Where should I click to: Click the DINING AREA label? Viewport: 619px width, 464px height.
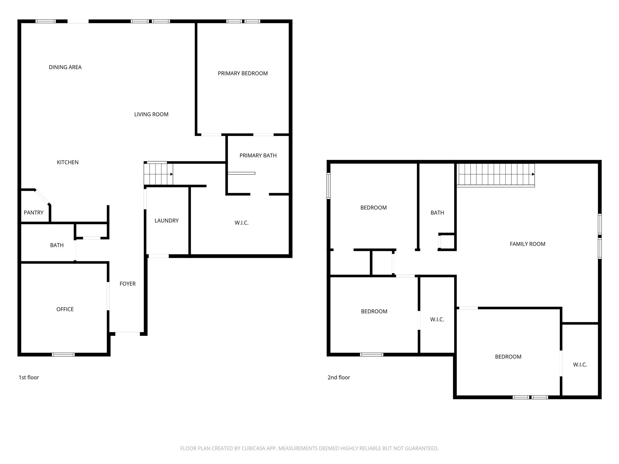[65, 67]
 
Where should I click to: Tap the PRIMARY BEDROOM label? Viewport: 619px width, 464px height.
[243, 73]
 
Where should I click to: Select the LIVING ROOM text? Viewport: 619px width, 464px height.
[151, 114]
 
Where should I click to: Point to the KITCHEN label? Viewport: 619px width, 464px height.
[68, 162]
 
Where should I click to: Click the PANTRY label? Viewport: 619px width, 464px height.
[34, 212]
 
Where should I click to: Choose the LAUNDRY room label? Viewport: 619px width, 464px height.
[167, 221]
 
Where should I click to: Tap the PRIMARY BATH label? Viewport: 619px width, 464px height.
[258, 155]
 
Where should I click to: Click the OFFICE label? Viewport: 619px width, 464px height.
[65, 309]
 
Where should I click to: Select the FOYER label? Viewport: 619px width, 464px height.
[128, 284]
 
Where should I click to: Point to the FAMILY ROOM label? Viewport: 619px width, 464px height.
[527, 244]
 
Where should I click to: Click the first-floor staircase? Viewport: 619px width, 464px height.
[158, 174]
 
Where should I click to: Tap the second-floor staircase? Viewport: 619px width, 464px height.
[496, 175]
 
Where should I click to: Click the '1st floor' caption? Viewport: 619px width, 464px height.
[29, 377]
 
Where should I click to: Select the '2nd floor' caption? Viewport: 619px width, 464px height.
[339, 377]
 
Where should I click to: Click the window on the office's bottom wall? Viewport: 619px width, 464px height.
[63, 354]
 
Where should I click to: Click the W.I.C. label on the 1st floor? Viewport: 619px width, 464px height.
[241, 223]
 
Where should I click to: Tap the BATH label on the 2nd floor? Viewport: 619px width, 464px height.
[437, 213]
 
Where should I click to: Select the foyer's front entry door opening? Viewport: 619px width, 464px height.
[128, 333]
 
